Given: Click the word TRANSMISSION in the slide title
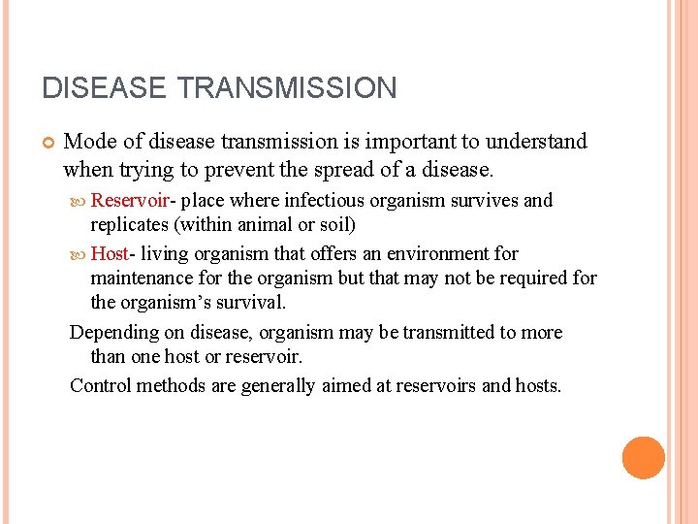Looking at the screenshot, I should (287, 88).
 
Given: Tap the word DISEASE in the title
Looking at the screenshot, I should (105, 88).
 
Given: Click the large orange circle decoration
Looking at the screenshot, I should (643, 458).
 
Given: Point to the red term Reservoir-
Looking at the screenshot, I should (132, 201).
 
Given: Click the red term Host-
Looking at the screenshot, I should (111, 254).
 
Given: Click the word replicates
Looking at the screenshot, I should (129, 226).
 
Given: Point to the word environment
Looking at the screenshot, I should (436, 254).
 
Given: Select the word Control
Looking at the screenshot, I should (101, 385).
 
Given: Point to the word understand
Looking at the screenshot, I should (538, 142).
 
